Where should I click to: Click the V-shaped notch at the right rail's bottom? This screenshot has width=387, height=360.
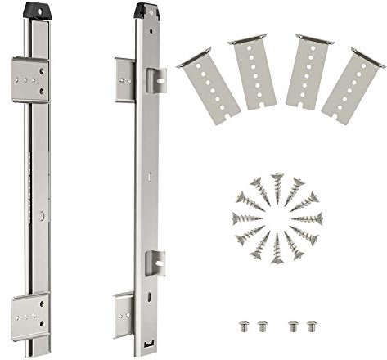tap(146, 348)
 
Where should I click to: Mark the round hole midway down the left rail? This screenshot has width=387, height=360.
tap(40, 215)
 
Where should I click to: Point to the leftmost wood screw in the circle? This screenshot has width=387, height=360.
tap(245, 218)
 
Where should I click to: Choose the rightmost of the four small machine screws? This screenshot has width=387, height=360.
tap(310, 326)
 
